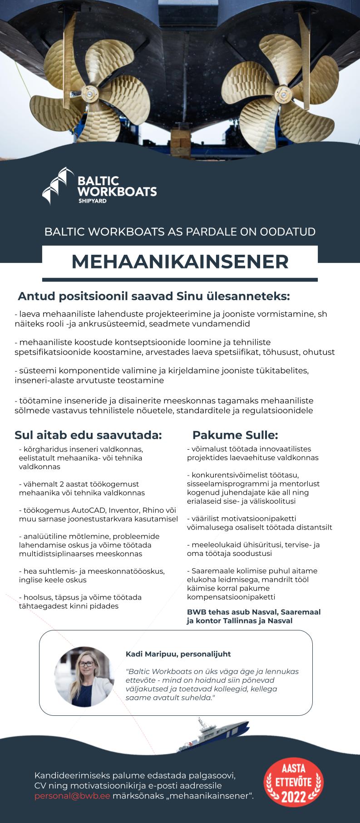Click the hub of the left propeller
[x=89, y=94]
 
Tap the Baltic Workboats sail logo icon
[x=57, y=185]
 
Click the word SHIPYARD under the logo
[x=93, y=201]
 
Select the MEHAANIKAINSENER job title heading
[x=180, y=261]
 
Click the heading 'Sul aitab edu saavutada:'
[x=88, y=435]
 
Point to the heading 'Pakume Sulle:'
[x=235, y=435]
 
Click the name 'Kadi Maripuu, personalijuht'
[x=178, y=654]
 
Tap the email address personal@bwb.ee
[x=72, y=796]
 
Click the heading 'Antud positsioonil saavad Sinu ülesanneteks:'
[x=153, y=297]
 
